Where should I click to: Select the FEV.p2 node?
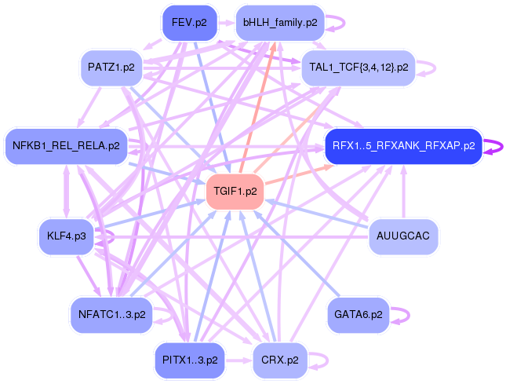coord(189,23)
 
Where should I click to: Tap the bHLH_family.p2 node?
coord(280,23)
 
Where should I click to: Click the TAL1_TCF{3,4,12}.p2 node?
coord(359,68)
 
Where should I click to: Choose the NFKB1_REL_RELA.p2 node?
coord(66,146)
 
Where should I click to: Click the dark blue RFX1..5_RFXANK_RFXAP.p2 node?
coord(403,146)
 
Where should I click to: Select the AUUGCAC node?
coord(403,236)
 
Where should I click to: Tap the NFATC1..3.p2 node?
coord(112,315)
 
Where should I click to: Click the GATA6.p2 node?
coord(359,315)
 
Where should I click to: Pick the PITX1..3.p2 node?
coord(189,360)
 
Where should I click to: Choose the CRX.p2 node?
coord(280,360)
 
